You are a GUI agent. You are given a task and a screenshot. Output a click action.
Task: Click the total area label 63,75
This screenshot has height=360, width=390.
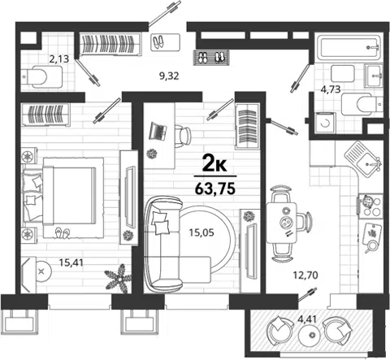pos(214,189)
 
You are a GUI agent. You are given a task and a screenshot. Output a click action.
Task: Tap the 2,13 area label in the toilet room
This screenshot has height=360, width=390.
pos(58,59)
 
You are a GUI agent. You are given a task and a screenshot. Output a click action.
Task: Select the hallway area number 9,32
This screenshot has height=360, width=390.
pos(169,76)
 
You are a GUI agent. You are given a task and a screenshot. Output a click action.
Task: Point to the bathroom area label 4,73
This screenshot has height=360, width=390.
pos(331,89)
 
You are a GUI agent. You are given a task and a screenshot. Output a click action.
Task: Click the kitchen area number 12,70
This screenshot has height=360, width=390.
pos(305,275)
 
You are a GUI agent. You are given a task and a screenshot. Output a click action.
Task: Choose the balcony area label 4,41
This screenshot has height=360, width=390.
pos(307,319)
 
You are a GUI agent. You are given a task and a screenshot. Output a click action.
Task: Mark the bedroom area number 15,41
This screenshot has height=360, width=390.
pos(71,262)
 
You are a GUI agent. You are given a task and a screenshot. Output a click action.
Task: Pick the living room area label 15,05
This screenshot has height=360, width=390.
pos(201,232)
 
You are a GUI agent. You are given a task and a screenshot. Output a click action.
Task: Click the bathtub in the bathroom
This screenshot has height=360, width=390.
pos(349,47)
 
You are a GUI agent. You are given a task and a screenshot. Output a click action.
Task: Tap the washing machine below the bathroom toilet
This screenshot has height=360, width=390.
pos(325,124)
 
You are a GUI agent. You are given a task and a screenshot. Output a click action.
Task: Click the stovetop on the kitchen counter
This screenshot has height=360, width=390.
pos(370,206)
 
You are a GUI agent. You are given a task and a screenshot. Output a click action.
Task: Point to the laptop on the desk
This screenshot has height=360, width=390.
pos(158,131)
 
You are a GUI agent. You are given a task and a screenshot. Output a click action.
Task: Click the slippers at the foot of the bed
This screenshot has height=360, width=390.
pos(63,232)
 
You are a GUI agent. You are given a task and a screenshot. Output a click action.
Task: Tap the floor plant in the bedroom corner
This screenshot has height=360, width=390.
pos(119,279)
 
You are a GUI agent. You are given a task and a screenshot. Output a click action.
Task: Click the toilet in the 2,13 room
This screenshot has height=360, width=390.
pos(41,77)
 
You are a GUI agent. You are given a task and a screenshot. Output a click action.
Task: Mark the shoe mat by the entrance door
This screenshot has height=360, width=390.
pos(212,57)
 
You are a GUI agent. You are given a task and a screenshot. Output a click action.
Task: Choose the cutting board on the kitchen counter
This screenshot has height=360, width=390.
pos(372,235)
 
